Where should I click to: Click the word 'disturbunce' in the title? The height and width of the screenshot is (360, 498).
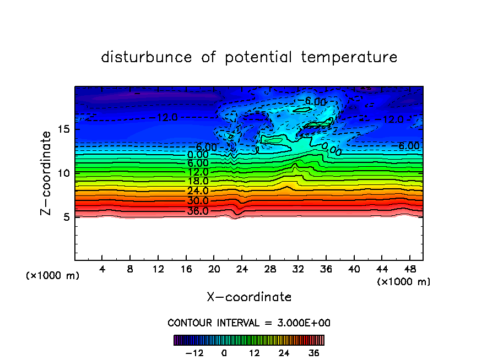pos(147,57)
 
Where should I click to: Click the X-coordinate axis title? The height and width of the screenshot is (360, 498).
pos(249,297)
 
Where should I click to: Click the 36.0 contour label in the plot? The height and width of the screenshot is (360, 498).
pos(198,211)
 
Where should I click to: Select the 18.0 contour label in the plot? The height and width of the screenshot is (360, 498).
pos(198,181)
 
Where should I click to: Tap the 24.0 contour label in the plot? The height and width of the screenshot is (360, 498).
pos(198,190)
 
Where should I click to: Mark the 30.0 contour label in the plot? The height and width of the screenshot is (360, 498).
pos(198,201)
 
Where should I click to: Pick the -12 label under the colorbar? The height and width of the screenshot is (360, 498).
pos(194,353)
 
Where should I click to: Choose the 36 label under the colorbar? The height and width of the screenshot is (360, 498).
pos(313,353)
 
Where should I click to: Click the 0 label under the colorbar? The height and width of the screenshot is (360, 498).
pos(224,353)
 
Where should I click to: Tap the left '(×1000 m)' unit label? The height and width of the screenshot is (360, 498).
pos(53,276)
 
